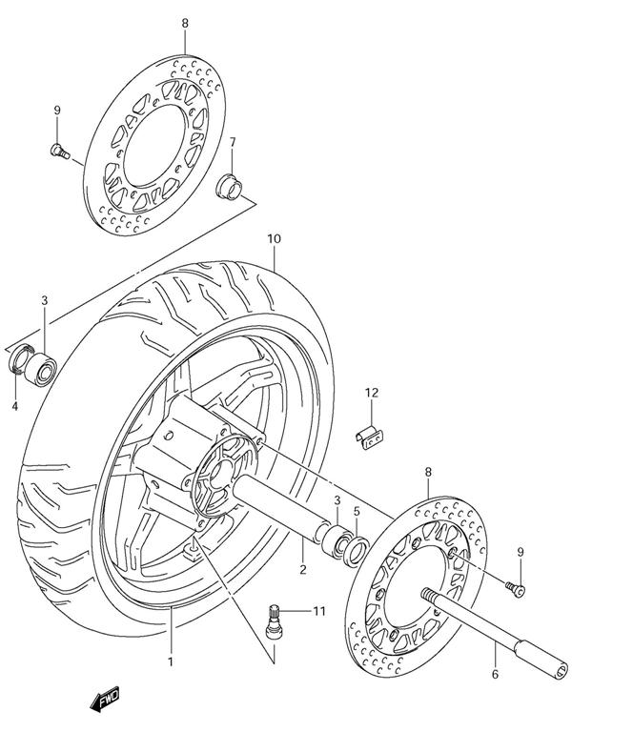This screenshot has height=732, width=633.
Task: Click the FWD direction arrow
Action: (x=105, y=699)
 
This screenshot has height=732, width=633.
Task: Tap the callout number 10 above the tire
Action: (x=274, y=239)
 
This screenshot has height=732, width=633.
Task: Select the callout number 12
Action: (x=372, y=393)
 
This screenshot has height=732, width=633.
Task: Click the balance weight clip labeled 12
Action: (x=369, y=437)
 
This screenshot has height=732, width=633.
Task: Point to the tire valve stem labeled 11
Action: (x=273, y=621)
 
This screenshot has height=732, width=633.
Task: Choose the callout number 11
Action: (x=319, y=611)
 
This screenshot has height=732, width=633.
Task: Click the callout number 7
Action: (x=232, y=142)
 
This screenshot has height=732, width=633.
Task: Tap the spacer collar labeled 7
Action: (x=229, y=186)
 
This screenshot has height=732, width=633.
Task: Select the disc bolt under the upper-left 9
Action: (x=59, y=152)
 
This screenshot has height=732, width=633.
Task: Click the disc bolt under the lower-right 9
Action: (x=516, y=589)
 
